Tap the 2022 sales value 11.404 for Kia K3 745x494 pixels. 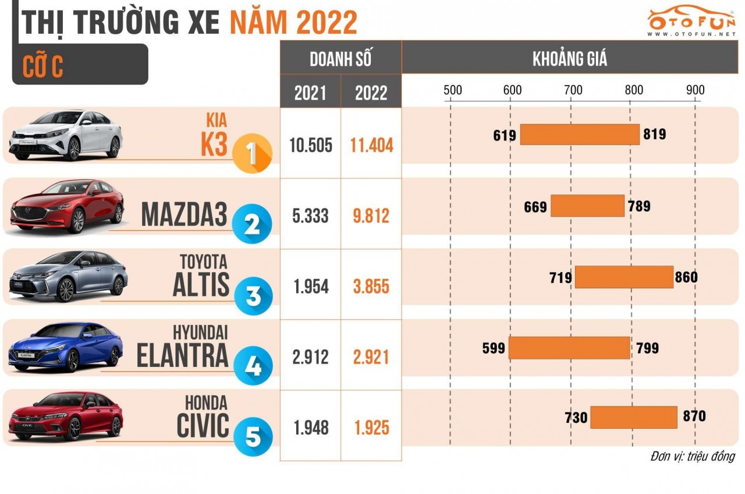pyautogui.click(x=371, y=144)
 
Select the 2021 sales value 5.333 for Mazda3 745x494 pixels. pyautogui.click(x=310, y=216)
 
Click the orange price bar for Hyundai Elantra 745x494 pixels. pyautogui.click(x=569, y=348)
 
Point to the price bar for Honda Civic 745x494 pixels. pyautogui.click(x=633, y=417)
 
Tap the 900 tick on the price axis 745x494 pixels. pyautogui.click(x=695, y=90)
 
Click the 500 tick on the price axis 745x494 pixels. pyautogui.click(x=452, y=90)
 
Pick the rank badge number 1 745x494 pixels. pyautogui.click(x=251, y=154)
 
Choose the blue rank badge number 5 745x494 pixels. pyautogui.click(x=253, y=437)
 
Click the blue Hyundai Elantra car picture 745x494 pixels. pyautogui.click(x=66, y=347)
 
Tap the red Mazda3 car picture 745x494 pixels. pyautogui.click(x=68, y=206)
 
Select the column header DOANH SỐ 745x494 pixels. pyautogui.click(x=340, y=59)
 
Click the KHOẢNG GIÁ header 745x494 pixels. pyautogui.click(x=569, y=59)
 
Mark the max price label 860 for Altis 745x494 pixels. pyautogui.click(x=686, y=277)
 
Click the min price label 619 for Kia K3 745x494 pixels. pyautogui.click(x=505, y=135)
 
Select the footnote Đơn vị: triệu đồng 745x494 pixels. pyautogui.click(x=692, y=456)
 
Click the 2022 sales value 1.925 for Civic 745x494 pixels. pyautogui.click(x=371, y=428)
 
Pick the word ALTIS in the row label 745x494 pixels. pyautogui.click(x=201, y=285)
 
